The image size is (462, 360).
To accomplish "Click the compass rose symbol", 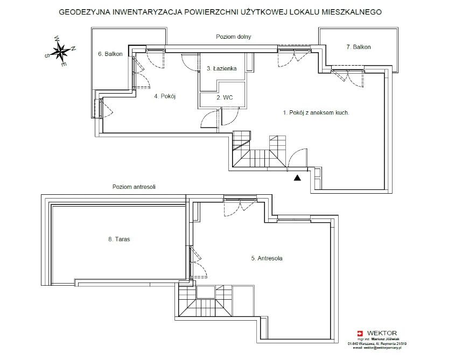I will click(60, 52).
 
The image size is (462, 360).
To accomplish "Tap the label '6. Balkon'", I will click(110, 54).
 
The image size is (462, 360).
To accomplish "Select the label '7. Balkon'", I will click(358, 47).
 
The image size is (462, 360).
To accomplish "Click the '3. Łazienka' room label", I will click(220, 69).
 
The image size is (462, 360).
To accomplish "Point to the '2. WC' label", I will click(224, 98).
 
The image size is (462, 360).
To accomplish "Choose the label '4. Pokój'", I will click(165, 96).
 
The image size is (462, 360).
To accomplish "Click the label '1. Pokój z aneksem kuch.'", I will click(317, 113).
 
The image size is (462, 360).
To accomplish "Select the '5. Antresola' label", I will click(267, 258).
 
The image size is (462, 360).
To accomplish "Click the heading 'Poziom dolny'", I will click(234, 37).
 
